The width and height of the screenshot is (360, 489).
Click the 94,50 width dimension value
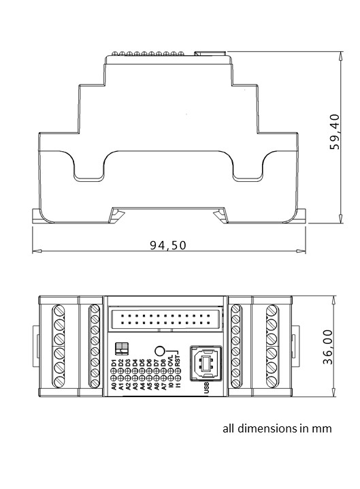coord(167,245)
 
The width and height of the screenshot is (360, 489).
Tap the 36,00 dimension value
coord(328,347)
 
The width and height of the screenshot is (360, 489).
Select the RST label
coord(178,362)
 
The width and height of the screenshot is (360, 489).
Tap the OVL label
coord(171,362)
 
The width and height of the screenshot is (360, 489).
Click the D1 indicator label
coord(114,362)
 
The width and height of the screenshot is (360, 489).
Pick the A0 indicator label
coord(114,387)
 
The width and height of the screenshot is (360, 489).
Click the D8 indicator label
coord(163,362)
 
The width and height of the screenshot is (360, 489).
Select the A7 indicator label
coord(163,387)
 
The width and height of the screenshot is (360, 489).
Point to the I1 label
coord(178,387)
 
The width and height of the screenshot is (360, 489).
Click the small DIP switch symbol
coord(122,349)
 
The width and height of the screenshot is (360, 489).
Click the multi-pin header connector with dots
coord(166,317)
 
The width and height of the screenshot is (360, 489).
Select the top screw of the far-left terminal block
coord(59,312)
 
